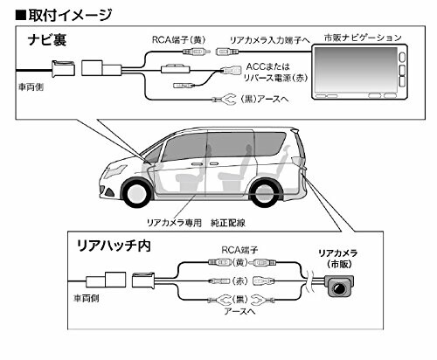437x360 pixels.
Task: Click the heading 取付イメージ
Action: point(70,15)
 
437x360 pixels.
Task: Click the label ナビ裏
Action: point(47,40)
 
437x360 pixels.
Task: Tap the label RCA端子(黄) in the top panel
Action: point(179,40)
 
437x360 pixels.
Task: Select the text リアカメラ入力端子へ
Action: point(270,40)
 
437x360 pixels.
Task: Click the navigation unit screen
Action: point(356,69)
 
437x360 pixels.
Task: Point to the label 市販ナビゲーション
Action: point(363,38)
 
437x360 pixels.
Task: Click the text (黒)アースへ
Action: point(265,100)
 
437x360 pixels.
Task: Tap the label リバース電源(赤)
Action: point(275,78)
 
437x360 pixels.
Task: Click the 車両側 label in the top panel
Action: point(31,87)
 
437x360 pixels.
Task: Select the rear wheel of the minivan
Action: point(261,192)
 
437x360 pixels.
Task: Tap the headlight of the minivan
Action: point(115,171)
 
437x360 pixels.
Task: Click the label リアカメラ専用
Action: point(174,223)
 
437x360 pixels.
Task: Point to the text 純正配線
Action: point(228,223)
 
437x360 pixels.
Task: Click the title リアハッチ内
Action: point(114,246)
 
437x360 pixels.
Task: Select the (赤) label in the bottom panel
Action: point(240,281)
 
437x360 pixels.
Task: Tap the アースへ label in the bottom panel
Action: point(239,311)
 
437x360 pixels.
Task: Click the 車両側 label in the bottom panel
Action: point(87,298)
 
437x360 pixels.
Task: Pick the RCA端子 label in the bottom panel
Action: point(239,250)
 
